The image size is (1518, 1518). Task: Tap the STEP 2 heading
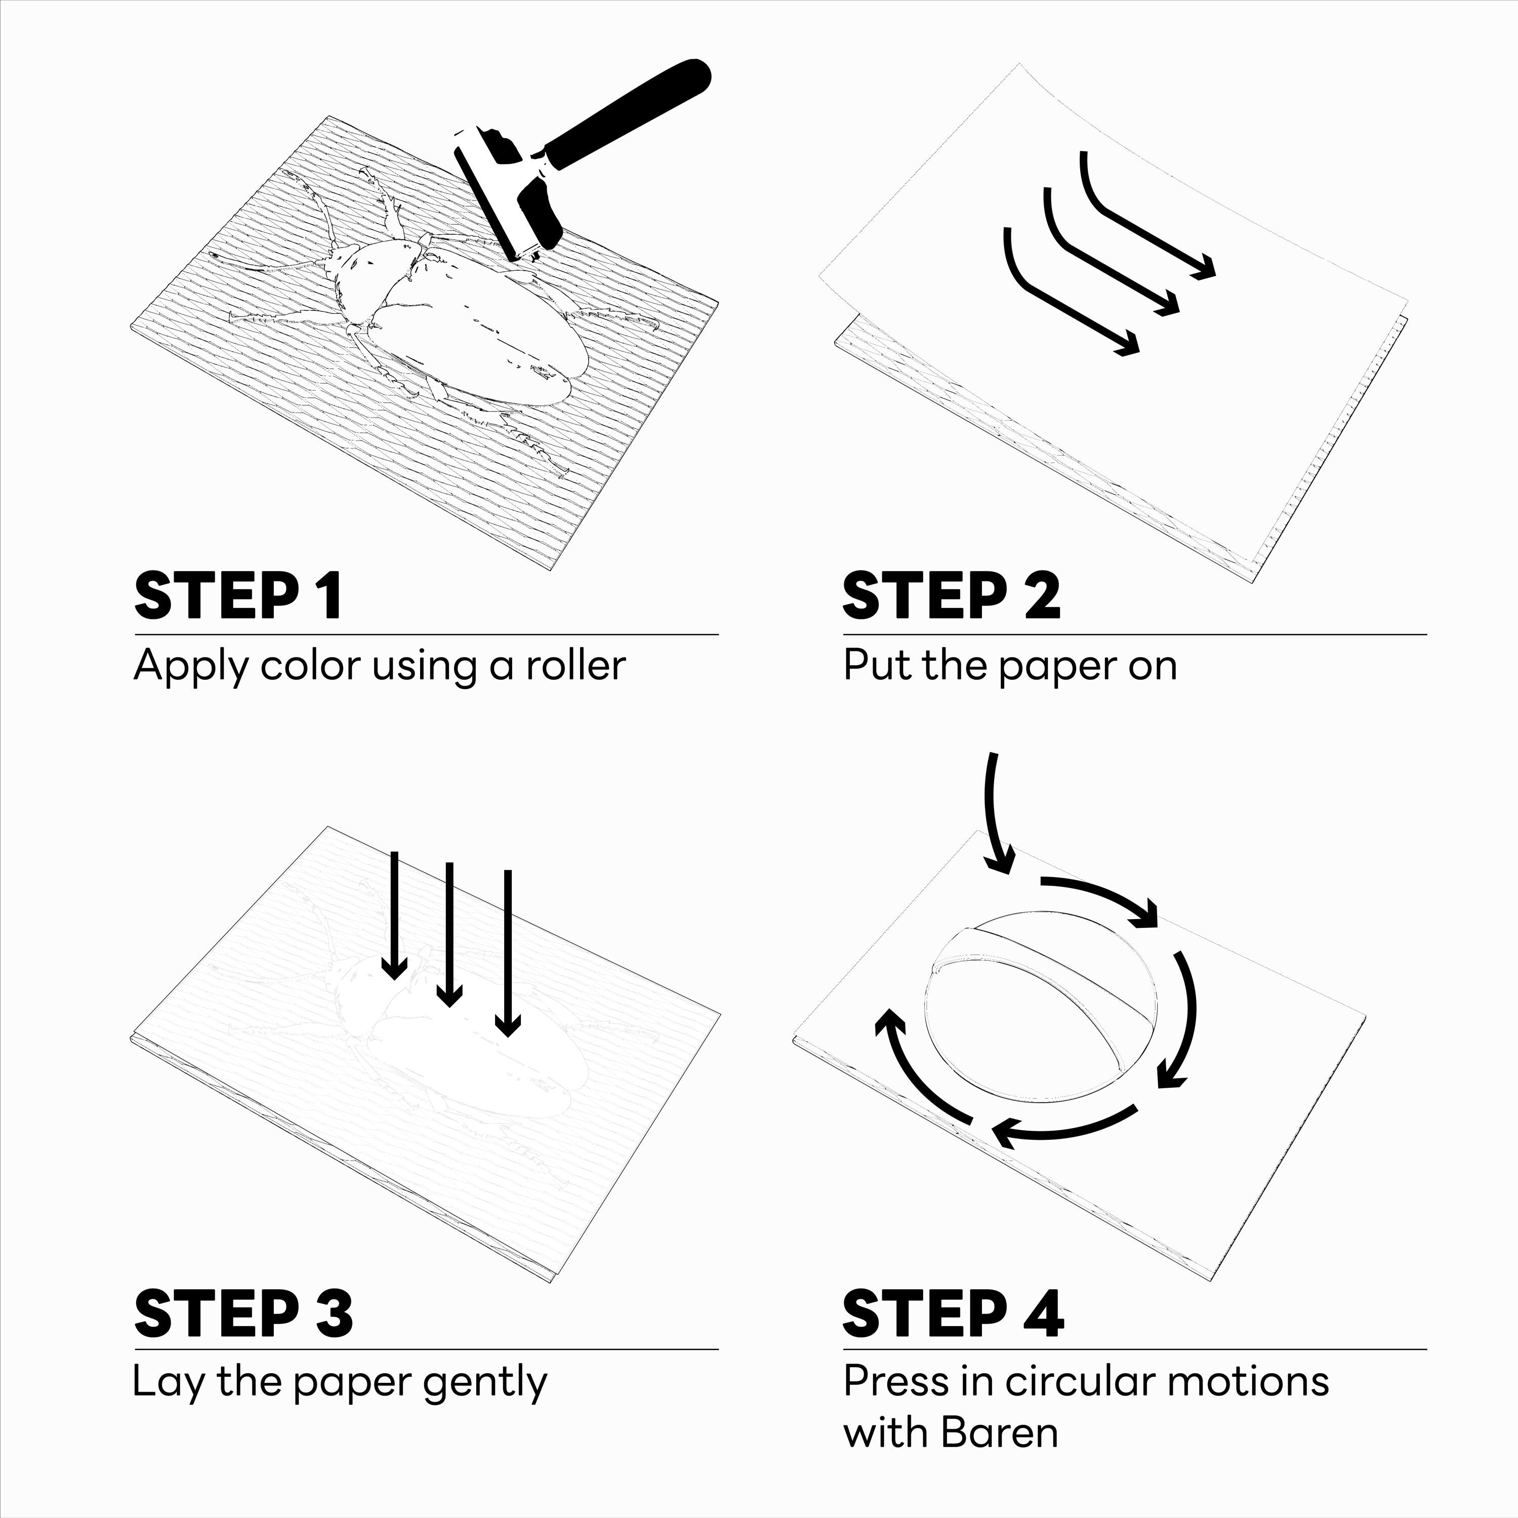click(x=952, y=596)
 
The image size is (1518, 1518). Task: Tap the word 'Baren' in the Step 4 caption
click(x=999, y=1432)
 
